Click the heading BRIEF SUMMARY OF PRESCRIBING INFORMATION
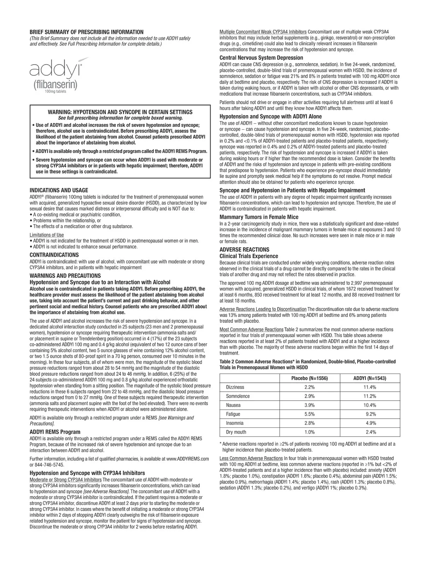point(87,32)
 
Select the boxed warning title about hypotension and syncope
point(120,112)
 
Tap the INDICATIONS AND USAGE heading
point(59,190)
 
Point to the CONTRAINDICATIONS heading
point(54,255)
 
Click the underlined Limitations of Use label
point(47,235)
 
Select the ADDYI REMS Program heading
point(55,432)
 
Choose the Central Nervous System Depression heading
point(261,58)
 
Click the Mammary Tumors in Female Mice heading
point(259,217)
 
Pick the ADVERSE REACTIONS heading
point(244,249)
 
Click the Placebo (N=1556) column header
point(310,378)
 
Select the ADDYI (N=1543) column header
point(370,378)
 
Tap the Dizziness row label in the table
point(235,387)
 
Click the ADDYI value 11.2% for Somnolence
point(370,396)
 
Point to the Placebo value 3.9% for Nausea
point(310,405)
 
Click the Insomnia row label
point(235,423)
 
